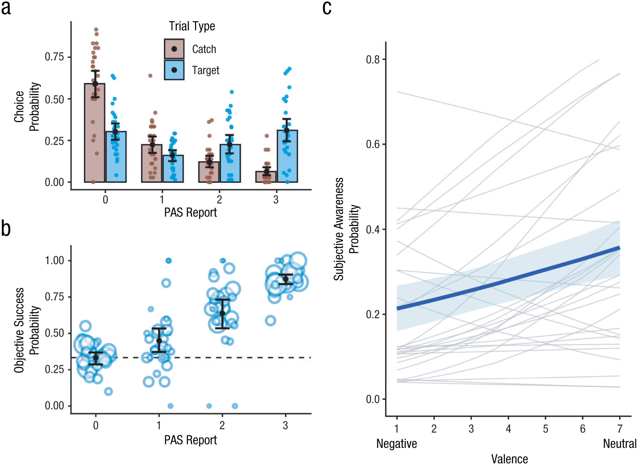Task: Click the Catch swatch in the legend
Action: coord(174,49)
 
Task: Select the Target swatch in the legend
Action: coord(174,70)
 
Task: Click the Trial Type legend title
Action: coord(192,26)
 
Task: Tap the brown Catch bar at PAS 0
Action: coord(95,133)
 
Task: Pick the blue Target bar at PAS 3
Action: coord(287,156)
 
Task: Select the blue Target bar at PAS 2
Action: coord(230,163)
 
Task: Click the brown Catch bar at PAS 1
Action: coord(152,163)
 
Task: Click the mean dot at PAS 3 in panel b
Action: coord(286,279)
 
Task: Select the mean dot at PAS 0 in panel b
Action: coord(96,358)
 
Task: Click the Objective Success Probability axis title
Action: coord(27,330)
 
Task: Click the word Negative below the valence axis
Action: coord(396,444)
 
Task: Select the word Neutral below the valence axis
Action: coord(620,444)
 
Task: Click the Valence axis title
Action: coord(510,459)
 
